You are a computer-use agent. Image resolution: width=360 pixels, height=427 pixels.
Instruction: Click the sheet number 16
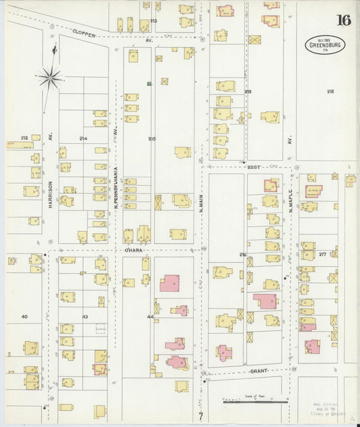[x=343, y=19]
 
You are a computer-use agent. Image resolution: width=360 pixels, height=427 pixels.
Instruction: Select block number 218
[x=330, y=91]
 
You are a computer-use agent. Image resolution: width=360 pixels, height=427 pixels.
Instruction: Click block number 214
[x=83, y=139]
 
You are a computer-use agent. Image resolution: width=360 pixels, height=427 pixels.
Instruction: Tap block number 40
[x=24, y=316]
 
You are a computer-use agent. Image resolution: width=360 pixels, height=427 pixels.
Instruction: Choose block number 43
[x=85, y=317]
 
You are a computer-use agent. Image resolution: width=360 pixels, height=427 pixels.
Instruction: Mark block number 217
[x=323, y=254]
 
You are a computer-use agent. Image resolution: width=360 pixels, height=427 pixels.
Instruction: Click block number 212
[x=24, y=139]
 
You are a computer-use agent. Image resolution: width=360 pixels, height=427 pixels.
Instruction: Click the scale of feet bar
[x=255, y=401]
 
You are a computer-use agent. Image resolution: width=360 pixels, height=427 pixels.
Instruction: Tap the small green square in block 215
[x=149, y=84]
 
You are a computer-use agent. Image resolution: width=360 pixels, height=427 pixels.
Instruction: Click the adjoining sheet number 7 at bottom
[x=200, y=414]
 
